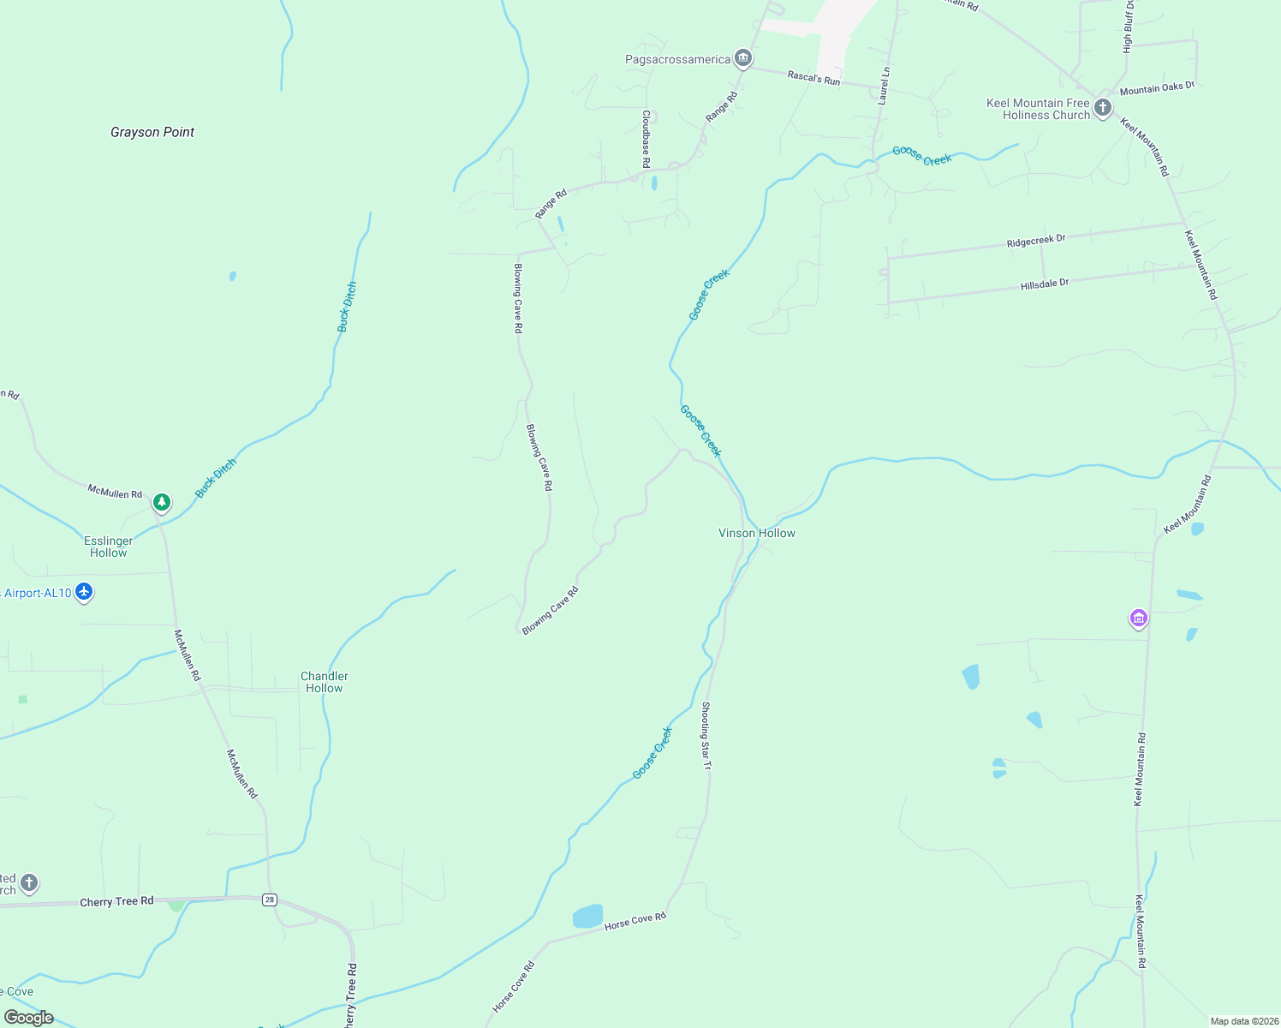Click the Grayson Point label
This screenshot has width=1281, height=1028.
coord(152,132)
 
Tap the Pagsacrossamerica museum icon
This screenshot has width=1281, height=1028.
coord(743,58)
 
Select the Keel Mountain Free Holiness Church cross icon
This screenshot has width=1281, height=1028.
coord(1103,108)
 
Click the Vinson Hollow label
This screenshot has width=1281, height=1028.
coord(757,533)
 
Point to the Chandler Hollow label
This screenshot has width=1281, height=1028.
coord(325,682)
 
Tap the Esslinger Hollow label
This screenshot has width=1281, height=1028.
coord(109,547)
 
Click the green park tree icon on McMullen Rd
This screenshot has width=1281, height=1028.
coord(162,502)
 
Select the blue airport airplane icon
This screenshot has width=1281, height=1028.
coord(83,591)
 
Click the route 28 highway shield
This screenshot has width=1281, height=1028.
coord(270,899)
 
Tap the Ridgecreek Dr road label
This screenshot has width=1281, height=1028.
coord(1036,241)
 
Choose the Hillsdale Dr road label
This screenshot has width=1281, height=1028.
coord(1045,284)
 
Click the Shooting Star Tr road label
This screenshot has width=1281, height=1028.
coord(706,735)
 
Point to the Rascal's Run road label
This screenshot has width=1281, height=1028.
coord(813,78)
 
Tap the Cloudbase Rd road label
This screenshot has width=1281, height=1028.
coord(646,138)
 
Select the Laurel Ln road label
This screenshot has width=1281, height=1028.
coord(885,85)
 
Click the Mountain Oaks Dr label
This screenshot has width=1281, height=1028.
coord(1156,88)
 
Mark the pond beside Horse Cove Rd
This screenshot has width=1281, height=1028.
coord(587,916)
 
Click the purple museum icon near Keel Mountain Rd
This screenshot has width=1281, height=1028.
coord(1138,618)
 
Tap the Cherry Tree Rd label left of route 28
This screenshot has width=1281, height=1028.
coord(116,902)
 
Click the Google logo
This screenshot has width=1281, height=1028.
coord(29,1018)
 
